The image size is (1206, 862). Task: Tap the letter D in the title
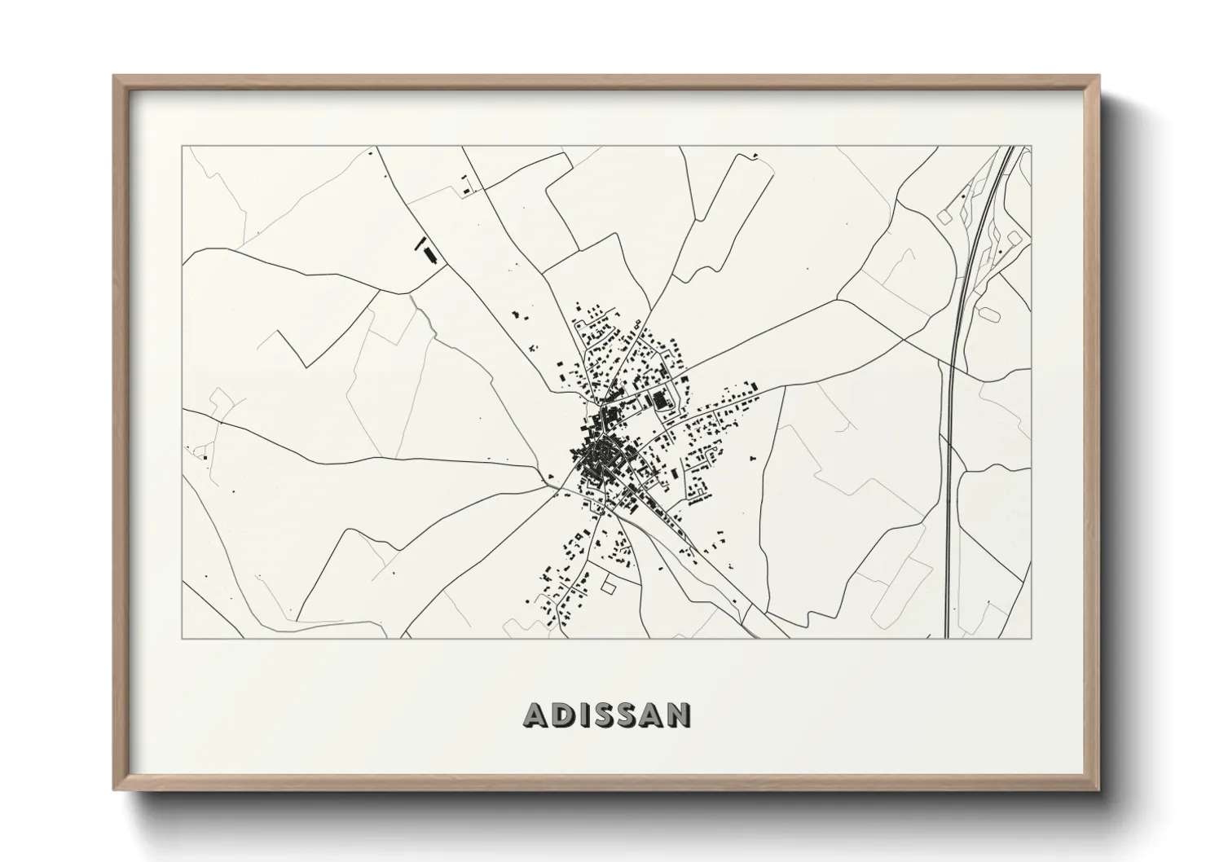(x=564, y=715)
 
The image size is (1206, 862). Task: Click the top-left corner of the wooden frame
(x=115, y=77)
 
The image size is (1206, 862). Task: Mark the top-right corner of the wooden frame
(x=1098, y=77)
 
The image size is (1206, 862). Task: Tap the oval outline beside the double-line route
(x=990, y=311)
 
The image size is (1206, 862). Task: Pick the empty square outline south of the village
(x=609, y=585)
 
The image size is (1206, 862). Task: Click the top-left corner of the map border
(x=182, y=147)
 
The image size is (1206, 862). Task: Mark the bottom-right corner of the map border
(x=1031, y=638)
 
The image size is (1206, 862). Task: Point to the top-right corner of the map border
(x=1031, y=147)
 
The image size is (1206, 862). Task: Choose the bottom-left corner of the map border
(x=182, y=638)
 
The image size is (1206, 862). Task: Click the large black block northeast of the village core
(x=658, y=399)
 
